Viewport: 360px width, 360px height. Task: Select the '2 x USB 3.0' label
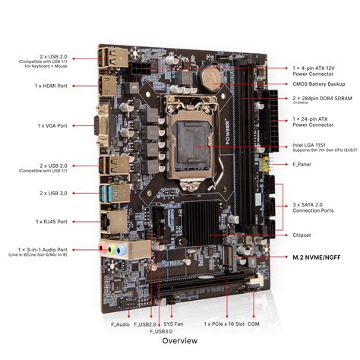[52, 194]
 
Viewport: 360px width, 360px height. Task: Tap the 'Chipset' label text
[302, 235]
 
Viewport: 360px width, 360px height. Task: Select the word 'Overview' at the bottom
[180, 341]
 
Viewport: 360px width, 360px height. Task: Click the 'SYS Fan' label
[173, 324]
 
